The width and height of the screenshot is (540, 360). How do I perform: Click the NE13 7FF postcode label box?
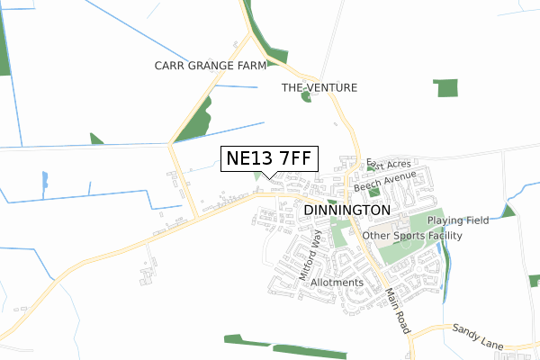coord(269,159)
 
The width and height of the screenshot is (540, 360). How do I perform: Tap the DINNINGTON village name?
coord(346,209)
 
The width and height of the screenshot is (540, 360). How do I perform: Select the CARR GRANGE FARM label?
coord(211,66)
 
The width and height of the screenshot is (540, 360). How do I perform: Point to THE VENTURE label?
coord(319,87)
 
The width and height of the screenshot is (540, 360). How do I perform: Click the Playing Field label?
coord(458,220)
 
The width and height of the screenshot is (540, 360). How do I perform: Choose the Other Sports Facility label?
coord(412,236)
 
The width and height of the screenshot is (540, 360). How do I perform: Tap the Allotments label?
coord(337,283)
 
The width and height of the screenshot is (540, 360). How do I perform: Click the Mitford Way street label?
coord(310,255)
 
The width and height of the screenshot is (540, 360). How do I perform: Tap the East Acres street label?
coord(389,166)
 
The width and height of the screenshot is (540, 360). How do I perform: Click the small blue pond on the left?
coord(45,183)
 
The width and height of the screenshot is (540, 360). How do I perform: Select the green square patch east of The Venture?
coord(445,87)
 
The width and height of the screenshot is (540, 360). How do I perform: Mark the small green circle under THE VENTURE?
coord(306,97)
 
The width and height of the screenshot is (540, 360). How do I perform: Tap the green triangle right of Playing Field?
coord(508,211)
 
